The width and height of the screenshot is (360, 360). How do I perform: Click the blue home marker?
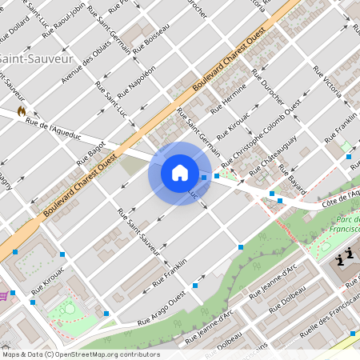180,173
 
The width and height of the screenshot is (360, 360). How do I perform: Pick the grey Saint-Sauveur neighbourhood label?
36,59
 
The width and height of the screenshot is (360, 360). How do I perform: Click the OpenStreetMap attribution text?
81,354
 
